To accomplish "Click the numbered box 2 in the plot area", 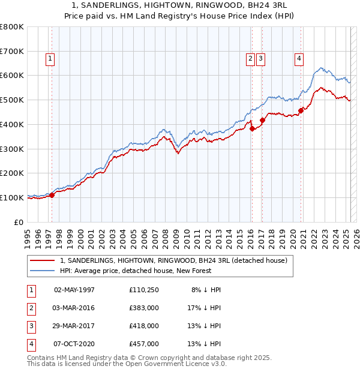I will [250, 58].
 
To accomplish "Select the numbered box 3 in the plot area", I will [261, 58].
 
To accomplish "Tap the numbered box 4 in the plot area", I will [298, 58].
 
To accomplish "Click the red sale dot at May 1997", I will [52, 195].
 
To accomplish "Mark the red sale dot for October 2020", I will [301, 110].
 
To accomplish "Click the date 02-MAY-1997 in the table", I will [74, 290].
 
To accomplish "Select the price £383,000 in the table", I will [143, 308].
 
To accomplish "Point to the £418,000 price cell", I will [143, 326].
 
